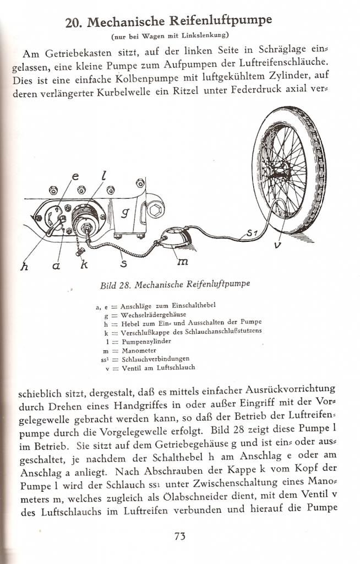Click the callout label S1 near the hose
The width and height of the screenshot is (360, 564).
pyautogui.click(x=252, y=234)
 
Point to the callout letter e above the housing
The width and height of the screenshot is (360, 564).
pyautogui.click(x=75, y=177)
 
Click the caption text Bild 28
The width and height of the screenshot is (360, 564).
pyautogui.click(x=117, y=285)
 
